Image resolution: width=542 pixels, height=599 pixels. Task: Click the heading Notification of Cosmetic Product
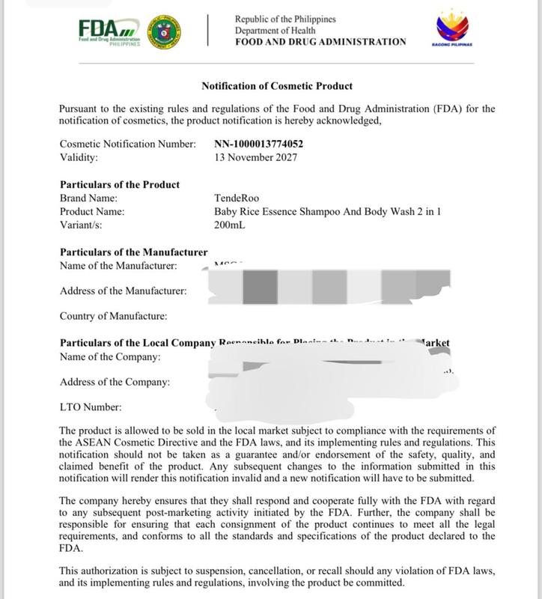(x=277, y=86)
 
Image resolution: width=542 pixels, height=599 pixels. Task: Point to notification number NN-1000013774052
(x=258, y=144)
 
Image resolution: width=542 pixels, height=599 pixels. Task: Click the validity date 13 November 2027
(x=255, y=157)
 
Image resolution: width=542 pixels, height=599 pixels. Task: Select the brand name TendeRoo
(x=236, y=198)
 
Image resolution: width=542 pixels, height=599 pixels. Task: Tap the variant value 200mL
(x=231, y=225)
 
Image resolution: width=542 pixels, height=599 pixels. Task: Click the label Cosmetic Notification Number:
(x=127, y=144)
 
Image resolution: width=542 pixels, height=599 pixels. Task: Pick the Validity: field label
(x=79, y=157)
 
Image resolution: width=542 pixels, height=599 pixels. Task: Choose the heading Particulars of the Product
(x=119, y=184)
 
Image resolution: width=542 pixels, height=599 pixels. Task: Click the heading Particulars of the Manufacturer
(x=133, y=252)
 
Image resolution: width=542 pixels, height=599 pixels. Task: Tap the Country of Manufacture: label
(x=113, y=316)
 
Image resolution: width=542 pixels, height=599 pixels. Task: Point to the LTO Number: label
(x=90, y=407)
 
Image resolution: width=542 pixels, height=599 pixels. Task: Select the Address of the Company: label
(x=115, y=382)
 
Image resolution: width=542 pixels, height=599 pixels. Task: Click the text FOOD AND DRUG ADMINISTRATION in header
(x=320, y=42)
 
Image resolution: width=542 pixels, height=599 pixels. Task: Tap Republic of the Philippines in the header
(x=285, y=19)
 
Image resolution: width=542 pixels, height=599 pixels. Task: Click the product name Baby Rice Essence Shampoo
(x=327, y=211)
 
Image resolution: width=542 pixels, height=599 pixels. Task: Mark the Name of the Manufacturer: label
(x=118, y=265)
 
